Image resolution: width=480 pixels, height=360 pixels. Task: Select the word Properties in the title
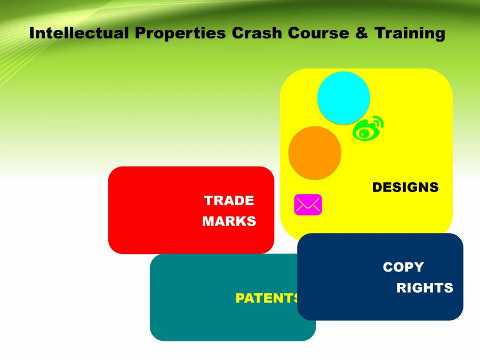click(181, 33)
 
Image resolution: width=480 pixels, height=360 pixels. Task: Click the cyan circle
click(343, 98)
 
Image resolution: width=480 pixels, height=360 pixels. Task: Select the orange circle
click(315, 153)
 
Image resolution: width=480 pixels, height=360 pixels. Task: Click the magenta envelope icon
click(308, 205)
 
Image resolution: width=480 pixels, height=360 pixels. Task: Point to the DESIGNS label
click(405, 188)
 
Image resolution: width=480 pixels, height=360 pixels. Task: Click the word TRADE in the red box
click(229, 201)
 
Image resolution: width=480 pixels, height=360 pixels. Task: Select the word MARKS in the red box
click(229, 221)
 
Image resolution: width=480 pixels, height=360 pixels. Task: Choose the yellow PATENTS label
click(268, 298)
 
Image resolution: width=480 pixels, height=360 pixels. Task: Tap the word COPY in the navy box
click(403, 267)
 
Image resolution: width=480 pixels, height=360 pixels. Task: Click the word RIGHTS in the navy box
click(425, 288)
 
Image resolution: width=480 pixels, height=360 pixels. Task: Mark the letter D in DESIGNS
click(377, 188)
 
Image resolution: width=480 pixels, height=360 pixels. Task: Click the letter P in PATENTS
click(240, 298)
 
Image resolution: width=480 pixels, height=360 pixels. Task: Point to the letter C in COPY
click(388, 267)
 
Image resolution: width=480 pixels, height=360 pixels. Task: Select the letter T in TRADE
click(209, 201)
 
